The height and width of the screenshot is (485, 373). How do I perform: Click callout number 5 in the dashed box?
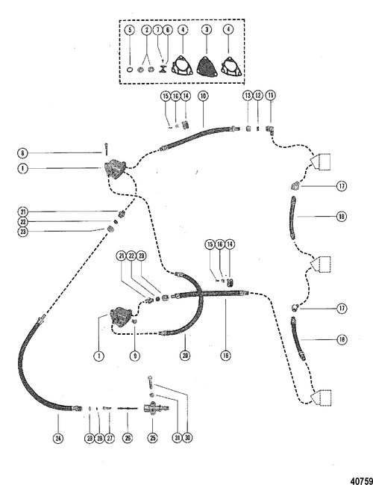130,30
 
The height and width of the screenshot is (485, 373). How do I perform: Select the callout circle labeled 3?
207,30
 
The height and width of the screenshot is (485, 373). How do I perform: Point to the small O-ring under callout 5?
131,69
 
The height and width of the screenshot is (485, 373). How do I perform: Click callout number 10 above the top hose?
203,96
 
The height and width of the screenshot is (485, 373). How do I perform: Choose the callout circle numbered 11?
271,96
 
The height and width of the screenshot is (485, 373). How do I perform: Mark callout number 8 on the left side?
22,152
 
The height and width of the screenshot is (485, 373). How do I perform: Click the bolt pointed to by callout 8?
106,149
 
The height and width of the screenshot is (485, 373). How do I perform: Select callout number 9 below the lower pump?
135,356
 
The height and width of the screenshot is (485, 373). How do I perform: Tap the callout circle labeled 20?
185,356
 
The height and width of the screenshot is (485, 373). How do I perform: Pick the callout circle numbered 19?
226,356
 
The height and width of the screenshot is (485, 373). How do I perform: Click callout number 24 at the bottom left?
58,438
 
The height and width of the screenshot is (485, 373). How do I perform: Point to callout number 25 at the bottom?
152,438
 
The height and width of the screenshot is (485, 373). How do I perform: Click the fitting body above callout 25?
156,408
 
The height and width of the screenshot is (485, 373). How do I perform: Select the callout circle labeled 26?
128,438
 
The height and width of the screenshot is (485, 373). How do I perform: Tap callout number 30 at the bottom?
187,438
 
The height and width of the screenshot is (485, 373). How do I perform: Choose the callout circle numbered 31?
178,438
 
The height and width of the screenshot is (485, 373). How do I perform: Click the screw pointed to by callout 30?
151,382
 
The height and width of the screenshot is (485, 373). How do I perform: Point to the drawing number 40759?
361,481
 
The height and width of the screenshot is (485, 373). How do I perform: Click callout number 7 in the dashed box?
157,30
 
